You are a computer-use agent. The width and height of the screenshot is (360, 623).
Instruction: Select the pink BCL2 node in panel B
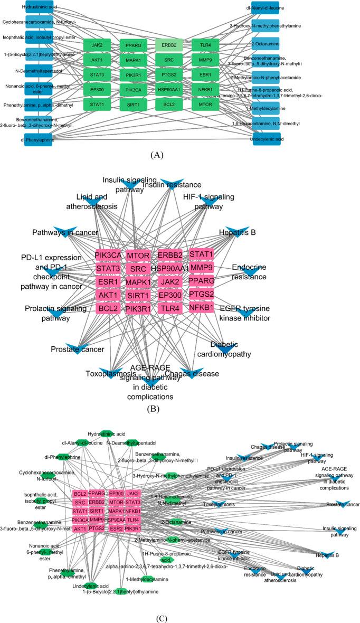(109, 307)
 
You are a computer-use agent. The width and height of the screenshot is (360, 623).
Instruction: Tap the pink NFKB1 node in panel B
(201, 307)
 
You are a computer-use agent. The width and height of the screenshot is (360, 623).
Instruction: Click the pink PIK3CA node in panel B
(109, 256)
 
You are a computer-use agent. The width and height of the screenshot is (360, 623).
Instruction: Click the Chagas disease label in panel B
(207, 374)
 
